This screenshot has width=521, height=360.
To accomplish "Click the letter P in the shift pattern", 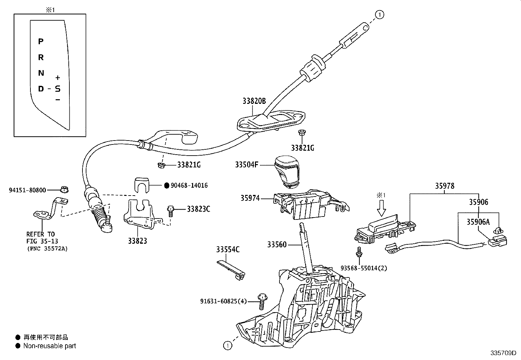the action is (41, 42).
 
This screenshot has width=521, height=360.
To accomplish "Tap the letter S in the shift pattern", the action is (58, 89).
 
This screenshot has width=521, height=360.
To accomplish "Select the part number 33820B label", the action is (254, 101).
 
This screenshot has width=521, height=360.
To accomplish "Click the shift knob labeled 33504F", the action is (287, 172).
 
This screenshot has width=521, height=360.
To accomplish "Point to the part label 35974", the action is (250, 198).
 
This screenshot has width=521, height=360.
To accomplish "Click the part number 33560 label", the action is (277, 244).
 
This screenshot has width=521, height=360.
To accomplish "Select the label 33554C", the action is (228, 249).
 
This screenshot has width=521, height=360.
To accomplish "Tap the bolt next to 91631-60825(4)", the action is (262, 302).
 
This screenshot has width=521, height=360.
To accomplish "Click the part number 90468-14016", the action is (189, 185).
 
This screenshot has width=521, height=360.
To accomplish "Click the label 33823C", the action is (198, 209).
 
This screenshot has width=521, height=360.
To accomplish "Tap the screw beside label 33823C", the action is (171, 211).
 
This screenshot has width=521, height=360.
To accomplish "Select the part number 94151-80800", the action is (27, 190).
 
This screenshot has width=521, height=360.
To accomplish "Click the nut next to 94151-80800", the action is (64, 190).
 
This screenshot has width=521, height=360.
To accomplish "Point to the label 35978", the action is (445, 186).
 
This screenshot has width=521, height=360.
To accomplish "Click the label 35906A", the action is (478, 222).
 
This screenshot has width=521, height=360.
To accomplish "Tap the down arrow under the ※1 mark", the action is (381, 208).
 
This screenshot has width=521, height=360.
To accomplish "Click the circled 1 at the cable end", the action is (380, 15).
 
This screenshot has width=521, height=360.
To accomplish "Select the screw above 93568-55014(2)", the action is (359, 252).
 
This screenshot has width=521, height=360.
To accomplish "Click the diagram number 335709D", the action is (503, 353).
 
